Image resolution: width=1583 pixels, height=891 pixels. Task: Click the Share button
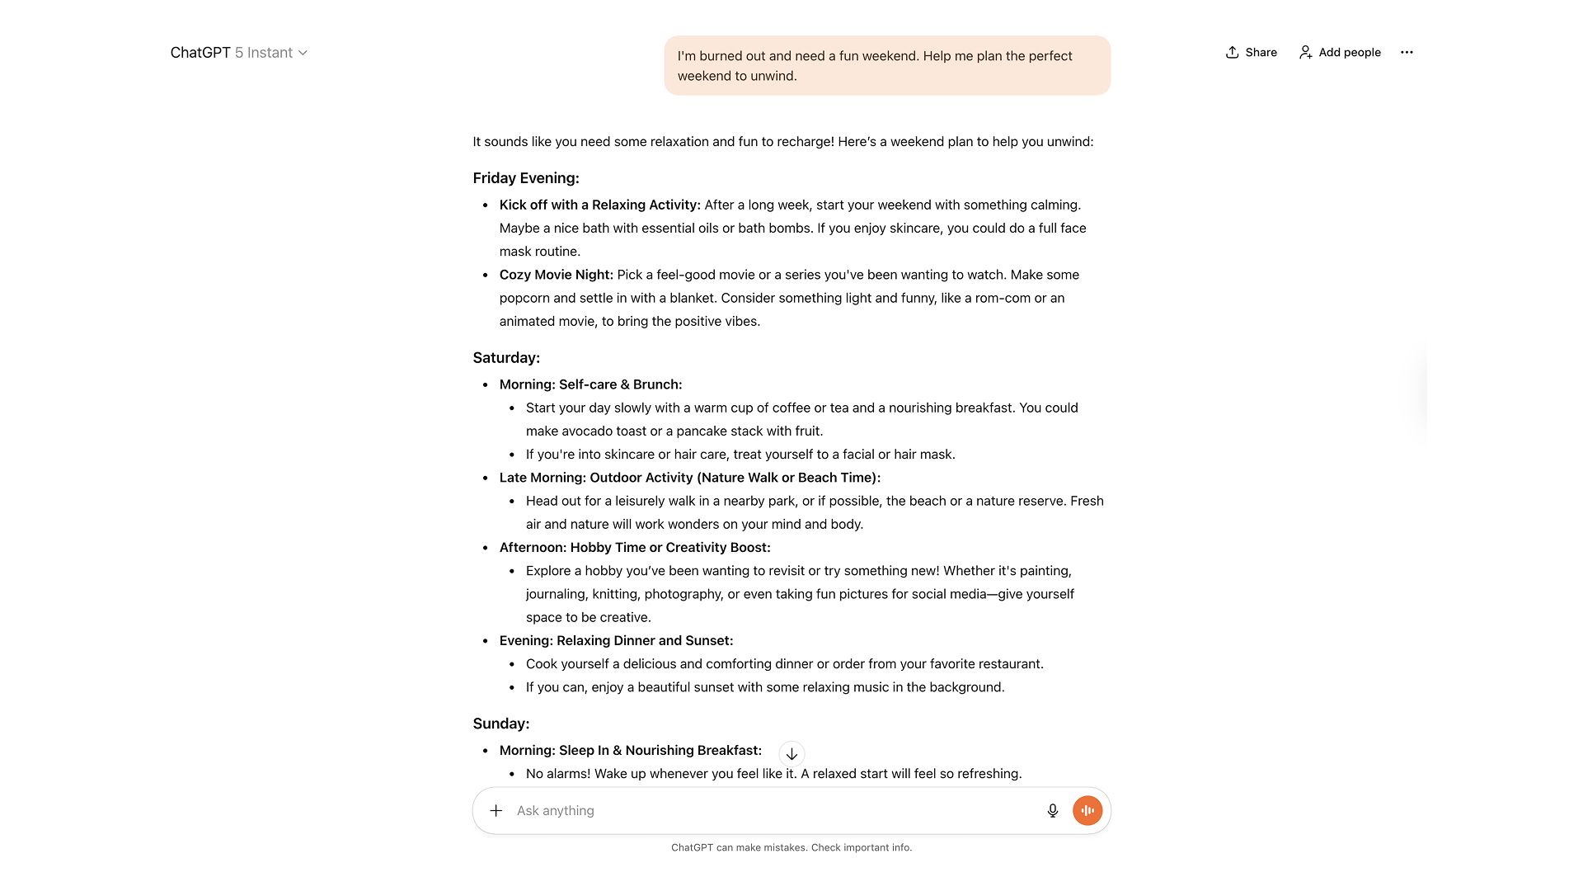pos(1251,52)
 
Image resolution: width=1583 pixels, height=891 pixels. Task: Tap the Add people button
pos(1340,52)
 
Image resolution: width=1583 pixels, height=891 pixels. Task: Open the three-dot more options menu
pos(1407,52)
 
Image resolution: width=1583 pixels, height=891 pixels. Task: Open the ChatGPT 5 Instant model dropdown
pos(239,53)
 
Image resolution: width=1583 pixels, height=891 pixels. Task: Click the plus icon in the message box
pos(496,811)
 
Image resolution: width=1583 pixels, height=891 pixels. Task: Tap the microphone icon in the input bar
pos(1052,811)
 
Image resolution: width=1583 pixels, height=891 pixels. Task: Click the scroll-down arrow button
pos(791,754)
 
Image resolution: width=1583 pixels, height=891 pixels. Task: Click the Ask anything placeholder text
pos(555,811)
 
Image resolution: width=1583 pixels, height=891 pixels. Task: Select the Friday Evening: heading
pos(526,178)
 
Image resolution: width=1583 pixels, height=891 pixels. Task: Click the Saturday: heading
pos(506,358)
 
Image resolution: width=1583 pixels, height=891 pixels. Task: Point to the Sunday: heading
pos(501,724)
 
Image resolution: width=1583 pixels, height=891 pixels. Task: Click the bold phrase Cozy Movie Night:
pos(557,275)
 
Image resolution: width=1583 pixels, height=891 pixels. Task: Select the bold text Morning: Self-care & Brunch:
pos(590,384)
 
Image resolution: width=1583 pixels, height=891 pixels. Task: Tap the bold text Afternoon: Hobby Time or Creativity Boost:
pos(635,548)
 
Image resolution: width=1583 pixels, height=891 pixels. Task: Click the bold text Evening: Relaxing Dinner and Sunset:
pos(616,641)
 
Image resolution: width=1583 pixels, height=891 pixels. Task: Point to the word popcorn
pos(524,298)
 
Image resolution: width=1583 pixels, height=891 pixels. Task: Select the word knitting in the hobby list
pos(614,594)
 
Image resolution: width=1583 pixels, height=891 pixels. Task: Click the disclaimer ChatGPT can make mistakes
pos(791,847)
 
